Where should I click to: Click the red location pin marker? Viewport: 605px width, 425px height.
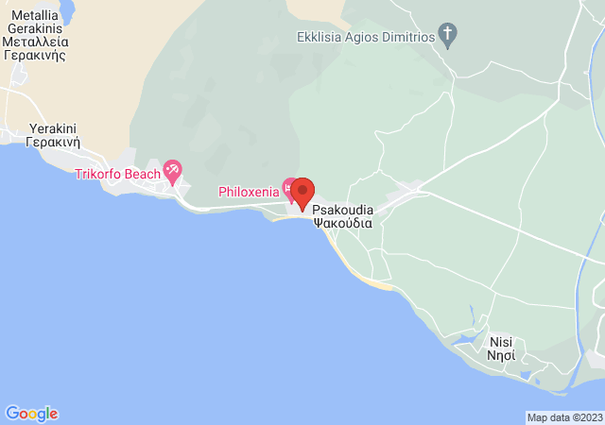point(302,192)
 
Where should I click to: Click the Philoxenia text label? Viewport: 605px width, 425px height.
point(249,192)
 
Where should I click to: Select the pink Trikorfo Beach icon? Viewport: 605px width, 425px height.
point(172,171)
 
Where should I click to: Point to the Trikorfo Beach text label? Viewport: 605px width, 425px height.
point(118,175)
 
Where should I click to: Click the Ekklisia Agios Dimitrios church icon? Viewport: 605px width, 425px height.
point(449,37)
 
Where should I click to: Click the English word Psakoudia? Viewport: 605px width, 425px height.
point(341,211)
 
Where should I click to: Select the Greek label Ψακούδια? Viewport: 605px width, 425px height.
point(341,225)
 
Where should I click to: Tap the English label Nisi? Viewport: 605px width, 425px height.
point(501,343)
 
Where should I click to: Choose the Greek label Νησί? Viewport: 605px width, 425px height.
point(501,357)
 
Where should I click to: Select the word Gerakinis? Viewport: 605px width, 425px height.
point(34,28)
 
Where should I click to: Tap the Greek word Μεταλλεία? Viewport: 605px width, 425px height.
point(35,42)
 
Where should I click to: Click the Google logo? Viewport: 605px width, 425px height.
point(31,414)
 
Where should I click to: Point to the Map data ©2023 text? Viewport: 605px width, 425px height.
point(564,417)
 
